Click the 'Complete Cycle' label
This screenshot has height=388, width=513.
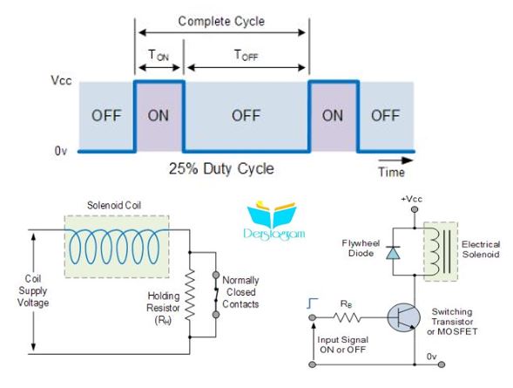coord(221,22)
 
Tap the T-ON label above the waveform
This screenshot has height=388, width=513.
coord(159,55)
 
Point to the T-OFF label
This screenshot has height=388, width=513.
coord(246,55)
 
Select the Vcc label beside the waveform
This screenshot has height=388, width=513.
coord(61,80)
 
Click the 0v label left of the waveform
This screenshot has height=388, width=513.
coord(61,151)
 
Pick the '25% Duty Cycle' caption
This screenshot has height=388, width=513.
coord(221,169)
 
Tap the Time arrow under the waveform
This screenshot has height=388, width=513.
coord(396,160)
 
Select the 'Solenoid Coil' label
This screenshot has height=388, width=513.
coord(114,206)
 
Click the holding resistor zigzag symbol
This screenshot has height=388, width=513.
coord(190,295)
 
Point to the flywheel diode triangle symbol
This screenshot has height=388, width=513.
coord(393,253)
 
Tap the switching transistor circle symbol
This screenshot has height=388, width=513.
coord(404,317)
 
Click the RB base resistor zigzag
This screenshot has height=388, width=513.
coord(348,317)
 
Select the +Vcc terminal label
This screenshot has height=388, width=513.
coord(412,199)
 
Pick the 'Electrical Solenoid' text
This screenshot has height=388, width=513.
coord(481,249)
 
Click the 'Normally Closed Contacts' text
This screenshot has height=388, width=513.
coord(240,292)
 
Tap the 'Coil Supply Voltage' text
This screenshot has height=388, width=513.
coord(33,290)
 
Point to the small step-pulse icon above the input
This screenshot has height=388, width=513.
coord(313,303)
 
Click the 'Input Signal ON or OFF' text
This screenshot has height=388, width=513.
coord(343,344)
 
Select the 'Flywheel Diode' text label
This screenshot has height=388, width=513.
coord(361,248)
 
